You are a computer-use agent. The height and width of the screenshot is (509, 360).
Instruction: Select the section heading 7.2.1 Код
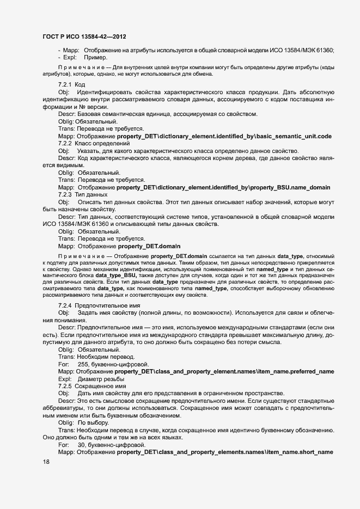point(71,85)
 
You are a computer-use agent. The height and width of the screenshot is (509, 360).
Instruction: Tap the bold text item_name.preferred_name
point(295,371)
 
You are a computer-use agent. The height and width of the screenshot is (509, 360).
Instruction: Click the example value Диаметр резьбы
point(101,378)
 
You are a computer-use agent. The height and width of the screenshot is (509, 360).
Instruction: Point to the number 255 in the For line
point(83,364)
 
